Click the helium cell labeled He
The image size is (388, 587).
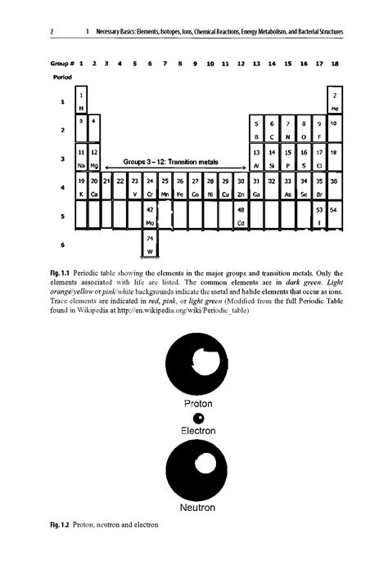pos(335,102)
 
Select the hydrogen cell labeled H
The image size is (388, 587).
pos(81,102)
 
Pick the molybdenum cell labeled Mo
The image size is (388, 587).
pos(150,216)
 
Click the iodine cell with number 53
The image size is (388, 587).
pos(319,216)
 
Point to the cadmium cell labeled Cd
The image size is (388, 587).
pos(241,216)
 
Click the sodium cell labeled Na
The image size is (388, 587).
pos(81,159)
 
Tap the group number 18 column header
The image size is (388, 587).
pos(335,63)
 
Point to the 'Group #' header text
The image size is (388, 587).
pos(63,63)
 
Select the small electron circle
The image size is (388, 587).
pos(198,418)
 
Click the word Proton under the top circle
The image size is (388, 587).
pos(198,404)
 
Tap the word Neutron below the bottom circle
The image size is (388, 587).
pos(198,507)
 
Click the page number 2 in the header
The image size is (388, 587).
pos(51,32)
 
